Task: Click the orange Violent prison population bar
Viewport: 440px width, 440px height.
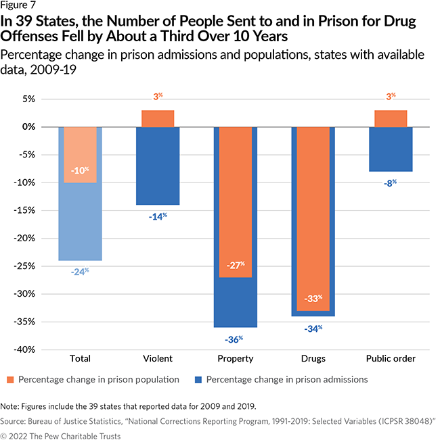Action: (158, 118)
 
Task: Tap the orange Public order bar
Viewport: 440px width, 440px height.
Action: (391, 118)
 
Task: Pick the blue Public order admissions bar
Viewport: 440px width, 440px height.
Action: (391, 149)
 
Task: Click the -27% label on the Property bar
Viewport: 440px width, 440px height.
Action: (235, 265)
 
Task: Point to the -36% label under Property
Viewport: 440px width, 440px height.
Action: (235, 339)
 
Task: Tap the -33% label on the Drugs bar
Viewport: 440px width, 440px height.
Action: (313, 298)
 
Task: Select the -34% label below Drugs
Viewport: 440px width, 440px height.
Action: (313, 328)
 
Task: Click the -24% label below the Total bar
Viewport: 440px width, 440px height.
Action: (80, 272)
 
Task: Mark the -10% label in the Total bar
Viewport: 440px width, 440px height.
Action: (80, 170)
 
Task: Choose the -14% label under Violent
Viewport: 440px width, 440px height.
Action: (158, 216)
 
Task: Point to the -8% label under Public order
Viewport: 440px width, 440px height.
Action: (391, 182)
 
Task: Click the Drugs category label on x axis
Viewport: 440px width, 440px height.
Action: (313, 358)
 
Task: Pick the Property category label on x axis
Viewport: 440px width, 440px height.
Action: (235, 358)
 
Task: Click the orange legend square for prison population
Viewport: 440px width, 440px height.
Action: (10, 380)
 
